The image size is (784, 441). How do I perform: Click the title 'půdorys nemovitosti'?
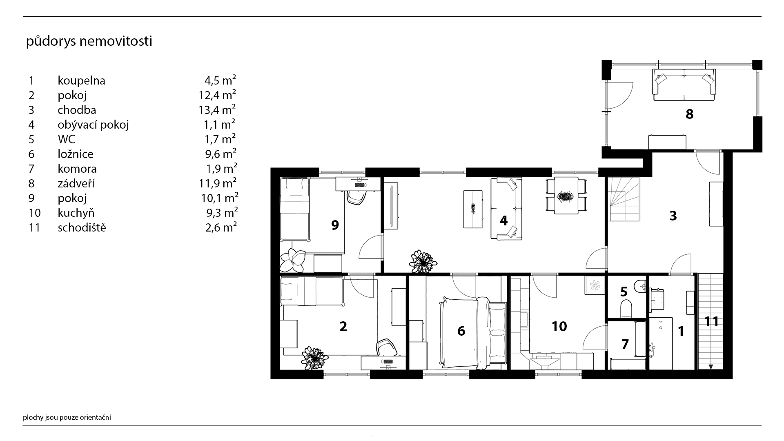click(89, 42)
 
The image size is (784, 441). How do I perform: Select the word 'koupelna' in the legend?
click(81, 81)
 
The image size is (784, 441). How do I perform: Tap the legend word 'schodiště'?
click(82, 227)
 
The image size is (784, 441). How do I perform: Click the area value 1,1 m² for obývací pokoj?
click(220, 124)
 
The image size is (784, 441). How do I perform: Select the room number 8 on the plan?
click(689, 114)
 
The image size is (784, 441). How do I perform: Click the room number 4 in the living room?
click(503, 221)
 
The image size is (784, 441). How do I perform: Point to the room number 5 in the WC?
click(624, 292)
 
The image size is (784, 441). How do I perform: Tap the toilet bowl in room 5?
click(626, 308)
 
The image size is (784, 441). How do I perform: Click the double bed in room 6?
click(472, 332)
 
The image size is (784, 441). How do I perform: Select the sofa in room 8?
click(684, 85)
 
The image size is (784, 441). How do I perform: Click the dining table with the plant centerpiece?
click(566, 195)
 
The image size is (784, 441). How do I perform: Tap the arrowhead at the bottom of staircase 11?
click(711, 367)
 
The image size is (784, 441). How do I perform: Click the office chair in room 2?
click(386, 347)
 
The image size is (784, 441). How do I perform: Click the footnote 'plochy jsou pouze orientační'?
click(67, 417)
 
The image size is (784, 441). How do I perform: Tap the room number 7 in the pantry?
click(625, 345)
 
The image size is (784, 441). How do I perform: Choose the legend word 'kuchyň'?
click(76, 213)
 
